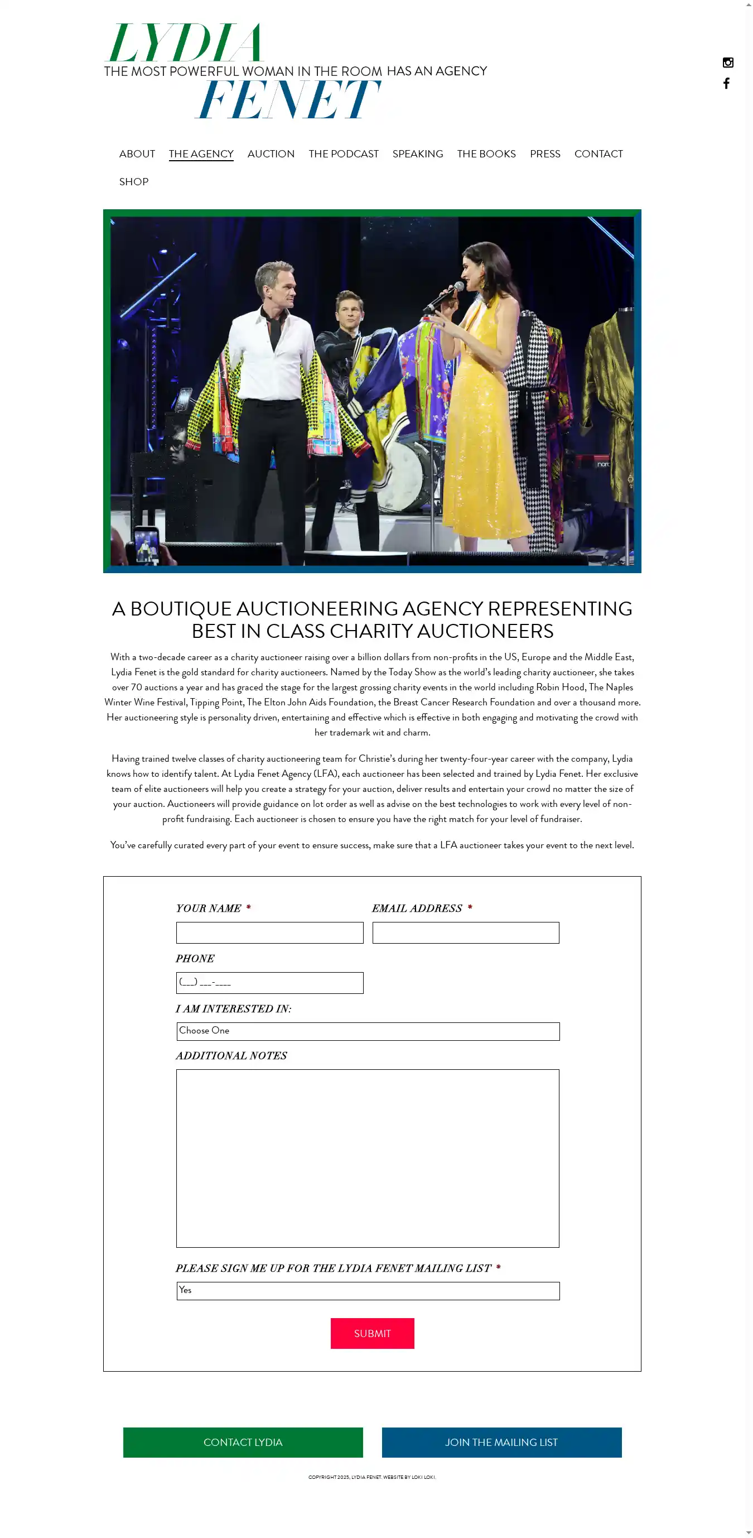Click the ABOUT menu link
(137, 154)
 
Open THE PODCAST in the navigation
(343, 154)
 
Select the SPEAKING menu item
(417, 154)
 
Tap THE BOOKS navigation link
(486, 154)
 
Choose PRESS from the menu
(544, 154)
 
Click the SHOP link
(134, 182)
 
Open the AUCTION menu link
(271, 154)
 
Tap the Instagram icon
(727, 63)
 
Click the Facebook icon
(726, 84)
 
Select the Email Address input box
(465, 933)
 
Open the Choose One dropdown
(368, 1031)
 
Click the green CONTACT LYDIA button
(243, 1442)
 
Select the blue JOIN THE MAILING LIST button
(501, 1442)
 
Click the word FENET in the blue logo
(288, 99)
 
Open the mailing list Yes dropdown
(368, 1290)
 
